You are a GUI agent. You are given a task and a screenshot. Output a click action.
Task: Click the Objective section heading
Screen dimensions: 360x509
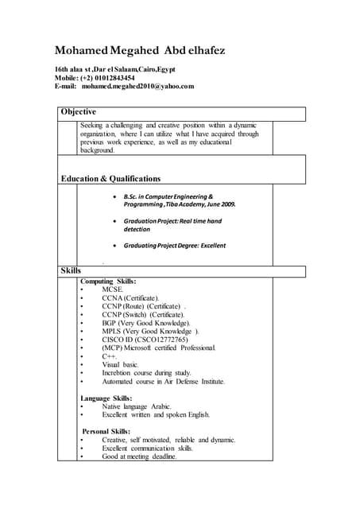tap(79, 112)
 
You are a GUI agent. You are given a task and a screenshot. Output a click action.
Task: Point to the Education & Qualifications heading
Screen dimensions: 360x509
tap(110, 179)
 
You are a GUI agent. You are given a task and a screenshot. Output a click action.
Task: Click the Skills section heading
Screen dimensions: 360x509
tap(71, 271)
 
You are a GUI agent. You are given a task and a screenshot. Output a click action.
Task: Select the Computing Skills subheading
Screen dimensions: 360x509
tap(108, 281)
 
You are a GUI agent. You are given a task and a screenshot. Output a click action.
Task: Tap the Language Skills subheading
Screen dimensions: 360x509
tap(106, 398)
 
